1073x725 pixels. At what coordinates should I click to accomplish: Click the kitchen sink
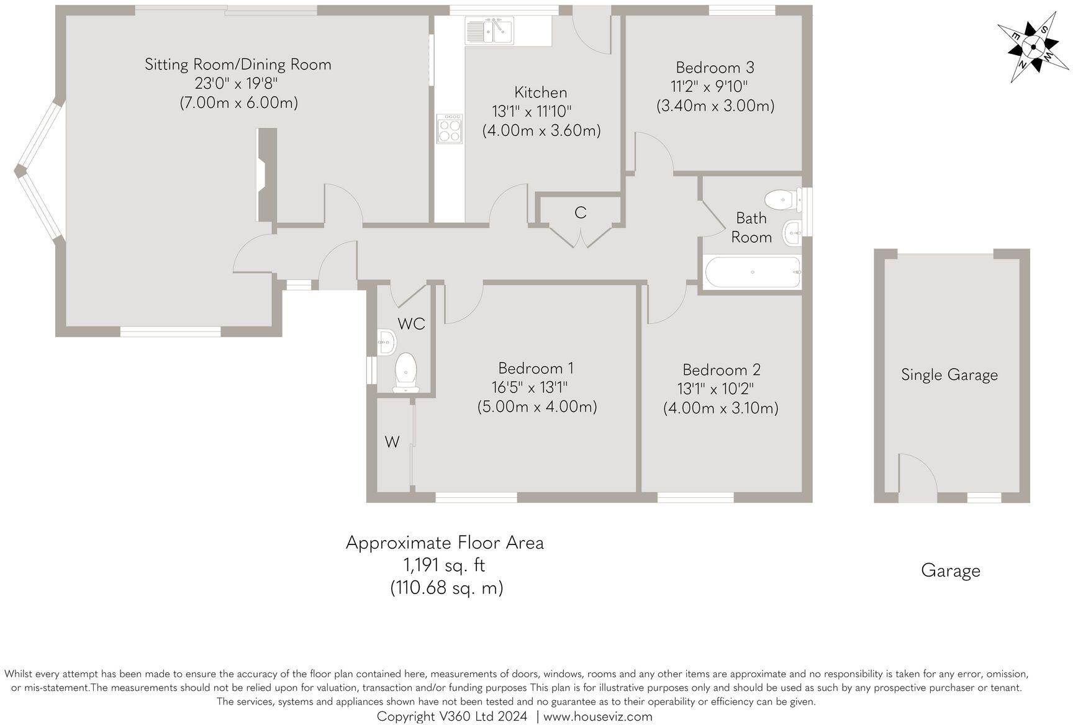[x=489, y=31]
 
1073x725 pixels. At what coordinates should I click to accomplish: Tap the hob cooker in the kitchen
[x=450, y=128]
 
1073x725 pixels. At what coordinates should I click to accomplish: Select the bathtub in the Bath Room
[x=753, y=272]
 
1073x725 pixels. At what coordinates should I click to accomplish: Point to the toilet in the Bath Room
[x=781, y=200]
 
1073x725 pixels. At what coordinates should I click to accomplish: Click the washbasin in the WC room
[x=386, y=342]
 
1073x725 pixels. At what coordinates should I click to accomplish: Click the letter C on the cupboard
[x=580, y=213]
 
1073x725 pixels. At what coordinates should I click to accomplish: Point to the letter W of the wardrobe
[x=391, y=442]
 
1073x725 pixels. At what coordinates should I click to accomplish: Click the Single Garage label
[x=949, y=374]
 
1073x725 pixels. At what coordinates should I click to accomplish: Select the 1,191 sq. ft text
[x=444, y=565]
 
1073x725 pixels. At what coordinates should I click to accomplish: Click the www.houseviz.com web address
[x=597, y=716]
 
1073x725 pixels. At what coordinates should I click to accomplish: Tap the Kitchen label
[x=540, y=92]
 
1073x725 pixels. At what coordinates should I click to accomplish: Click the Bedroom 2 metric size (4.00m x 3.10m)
[x=720, y=408]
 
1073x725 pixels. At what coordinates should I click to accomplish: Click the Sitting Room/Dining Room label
[x=238, y=64]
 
